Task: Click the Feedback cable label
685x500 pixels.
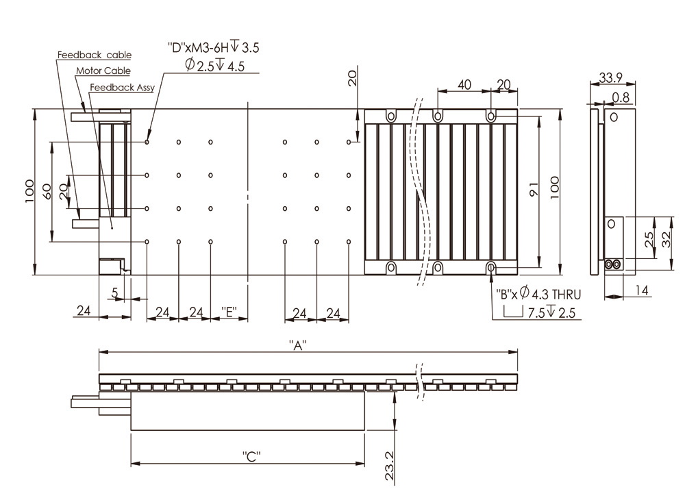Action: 94,55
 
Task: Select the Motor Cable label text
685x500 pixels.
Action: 103,71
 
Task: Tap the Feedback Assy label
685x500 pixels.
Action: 123,88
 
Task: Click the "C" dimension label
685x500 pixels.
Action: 251,455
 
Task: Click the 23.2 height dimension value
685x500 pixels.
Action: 389,465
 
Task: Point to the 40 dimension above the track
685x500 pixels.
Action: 464,84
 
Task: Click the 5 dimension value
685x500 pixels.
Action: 114,292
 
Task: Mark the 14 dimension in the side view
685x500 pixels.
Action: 641,290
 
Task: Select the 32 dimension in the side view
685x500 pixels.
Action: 666,238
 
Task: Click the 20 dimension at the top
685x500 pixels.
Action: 352,78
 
